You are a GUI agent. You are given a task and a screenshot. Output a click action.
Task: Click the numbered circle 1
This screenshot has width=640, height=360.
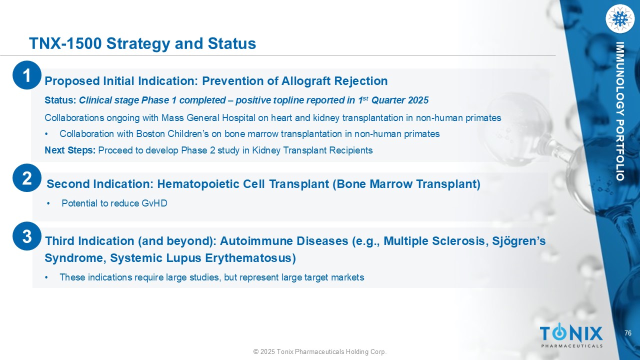click(x=27, y=75)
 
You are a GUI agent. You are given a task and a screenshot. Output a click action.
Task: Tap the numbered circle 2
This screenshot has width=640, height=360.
click(x=27, y=177)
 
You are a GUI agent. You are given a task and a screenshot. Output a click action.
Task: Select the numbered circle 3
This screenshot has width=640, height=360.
click(x=27, y=236)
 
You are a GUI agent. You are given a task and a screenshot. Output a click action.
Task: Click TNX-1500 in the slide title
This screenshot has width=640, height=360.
click(x=65, y=43)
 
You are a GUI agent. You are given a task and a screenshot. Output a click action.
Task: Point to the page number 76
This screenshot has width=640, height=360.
click(x=627, y=333)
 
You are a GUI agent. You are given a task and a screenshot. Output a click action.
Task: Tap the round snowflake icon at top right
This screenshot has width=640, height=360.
click(x=620, y=19)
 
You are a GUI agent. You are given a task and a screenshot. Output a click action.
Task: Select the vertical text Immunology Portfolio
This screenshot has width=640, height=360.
click(x=619, y=111)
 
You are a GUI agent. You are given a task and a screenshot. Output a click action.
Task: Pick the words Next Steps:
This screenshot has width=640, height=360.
click(x=70, y=150)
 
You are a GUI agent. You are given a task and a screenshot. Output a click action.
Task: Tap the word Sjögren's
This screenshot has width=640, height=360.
click(x=519, y=241)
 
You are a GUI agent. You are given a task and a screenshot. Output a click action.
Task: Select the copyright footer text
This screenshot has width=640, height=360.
click(x=320, y=351)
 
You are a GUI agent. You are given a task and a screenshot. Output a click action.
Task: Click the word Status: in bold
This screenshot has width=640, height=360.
click(x=60, y=100)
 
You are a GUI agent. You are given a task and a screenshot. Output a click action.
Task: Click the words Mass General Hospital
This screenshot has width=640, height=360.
click(x=208, y=117)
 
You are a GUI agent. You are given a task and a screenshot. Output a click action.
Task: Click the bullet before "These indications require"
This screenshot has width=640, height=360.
click(x=46, y=277)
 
